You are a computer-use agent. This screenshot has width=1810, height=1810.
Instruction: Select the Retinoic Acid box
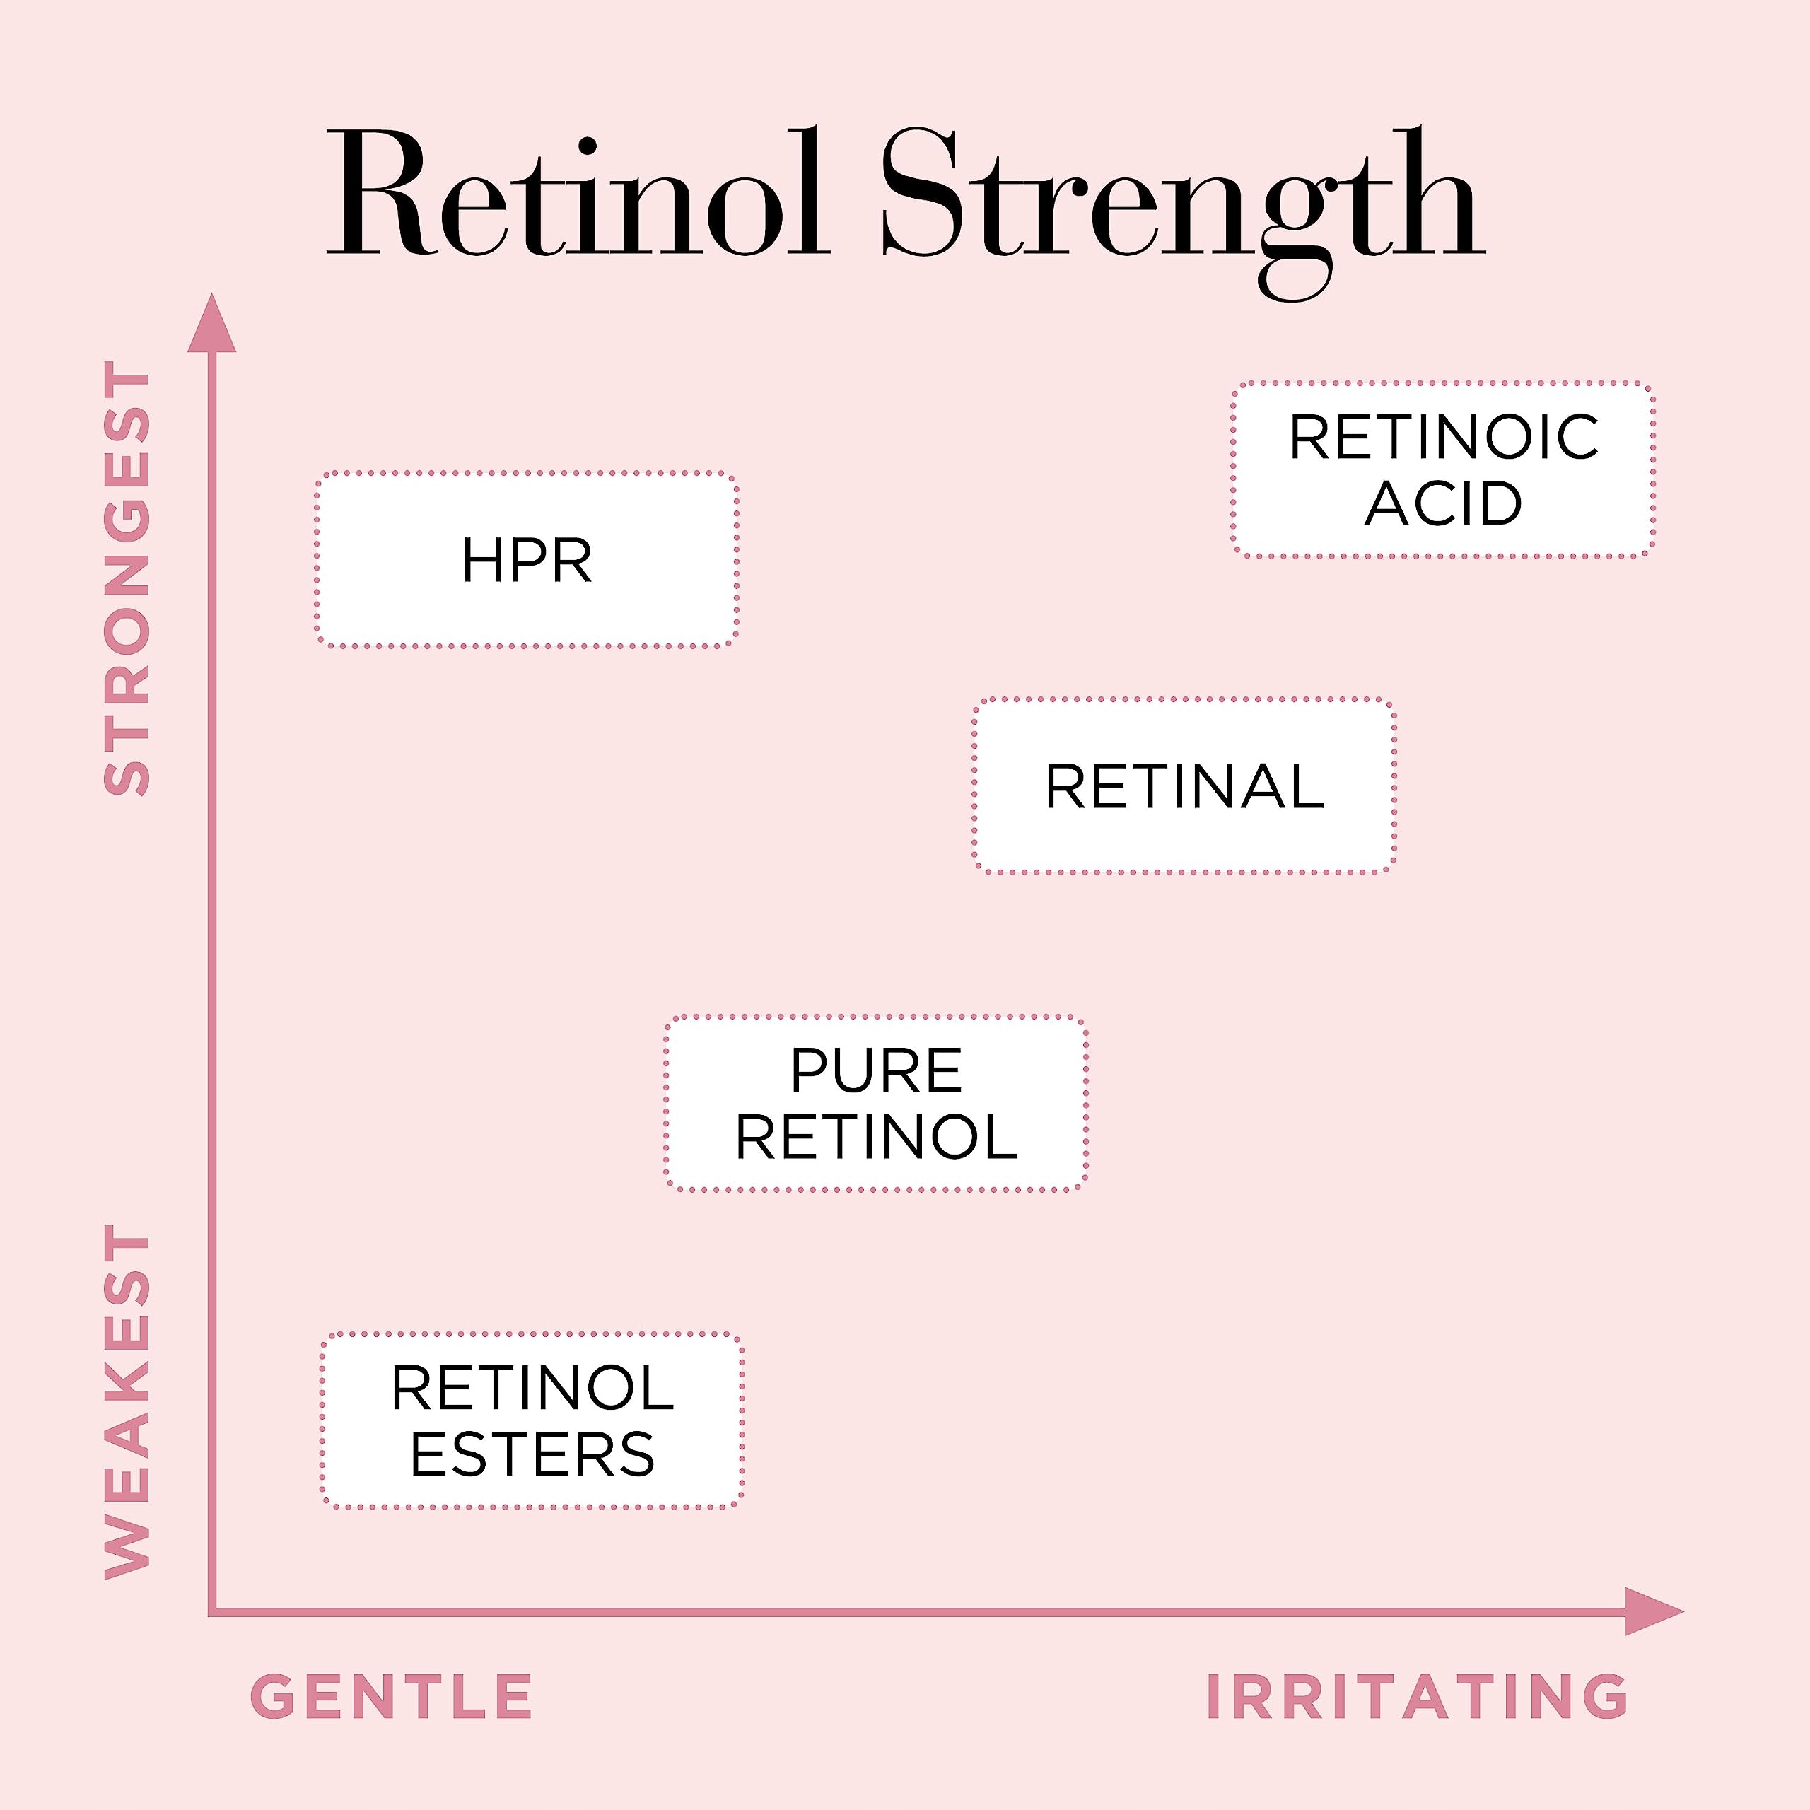(1443, 469)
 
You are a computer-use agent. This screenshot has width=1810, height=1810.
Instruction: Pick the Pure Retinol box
(876, 1103)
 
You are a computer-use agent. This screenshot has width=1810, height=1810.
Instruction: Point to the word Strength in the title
(1184, 214)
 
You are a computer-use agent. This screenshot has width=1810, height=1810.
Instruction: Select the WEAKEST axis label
(127, 1401)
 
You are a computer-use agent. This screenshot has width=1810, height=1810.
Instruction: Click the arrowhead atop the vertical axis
(211, 323)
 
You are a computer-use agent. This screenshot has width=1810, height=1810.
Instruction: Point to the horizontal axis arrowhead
(1654, 1611)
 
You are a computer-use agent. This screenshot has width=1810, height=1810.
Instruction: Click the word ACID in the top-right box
(1443, 503)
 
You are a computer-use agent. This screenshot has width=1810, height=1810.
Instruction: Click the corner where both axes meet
(211, 1611)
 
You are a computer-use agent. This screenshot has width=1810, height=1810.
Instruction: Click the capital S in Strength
(925, 194)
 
